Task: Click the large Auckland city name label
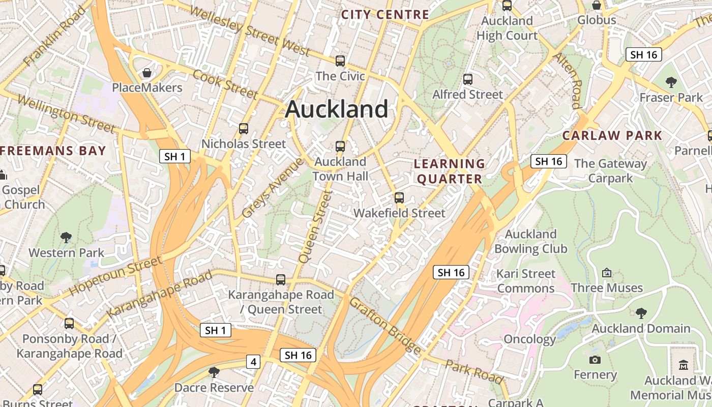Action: pyautogui.click(x=337, y=109)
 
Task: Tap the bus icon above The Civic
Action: pyautogui.click(x=340, y=61)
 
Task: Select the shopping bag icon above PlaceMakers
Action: pyautogui.click(x=147, y=73)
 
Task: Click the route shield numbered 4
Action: pyautogui.click(x=253, y=362)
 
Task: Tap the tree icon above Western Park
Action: pyautogui.click(x=66, y=237)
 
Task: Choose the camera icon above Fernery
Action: pyautogui.click(x=595, y=360)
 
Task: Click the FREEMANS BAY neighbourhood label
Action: pyautogui.click(x=53, y=151)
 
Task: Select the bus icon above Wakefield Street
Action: pyautogui.click(x=399, y=198)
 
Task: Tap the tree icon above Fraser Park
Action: pyautogui.click(x=671, y=82)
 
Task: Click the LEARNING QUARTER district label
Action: pyautogui.click(x=449, y=171)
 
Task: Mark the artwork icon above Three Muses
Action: pyautogui.click(x=606, y=273)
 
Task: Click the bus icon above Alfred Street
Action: pyautogui.click(x=467, y=79)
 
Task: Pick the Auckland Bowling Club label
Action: pyautogui.click(x=530, y=241)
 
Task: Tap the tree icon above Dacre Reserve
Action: pyautogui.click(x=214, y=372)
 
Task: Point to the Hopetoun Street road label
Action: pyautogui.click(x=115, y=275)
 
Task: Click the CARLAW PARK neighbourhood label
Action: pyautogui.click(x=612, y=135)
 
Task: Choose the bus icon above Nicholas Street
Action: pyautogui.click(x=244, y=129)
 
